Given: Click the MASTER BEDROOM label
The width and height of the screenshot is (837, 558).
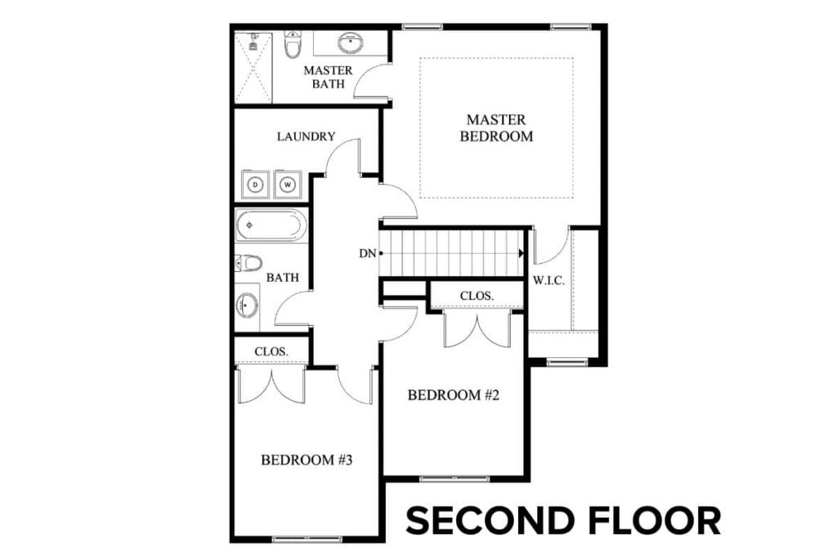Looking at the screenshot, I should [x=496, y=128].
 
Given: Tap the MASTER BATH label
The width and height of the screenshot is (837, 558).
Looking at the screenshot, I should [x=328, y=77].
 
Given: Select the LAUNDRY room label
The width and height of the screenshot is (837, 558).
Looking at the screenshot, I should [x=306, y=136].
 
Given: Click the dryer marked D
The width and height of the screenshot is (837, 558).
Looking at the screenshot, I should [x=255, y=185].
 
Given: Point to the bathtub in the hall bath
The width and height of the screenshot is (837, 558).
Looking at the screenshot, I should [x=271, y=225].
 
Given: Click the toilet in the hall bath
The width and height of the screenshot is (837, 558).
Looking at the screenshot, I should [x=248, y=262].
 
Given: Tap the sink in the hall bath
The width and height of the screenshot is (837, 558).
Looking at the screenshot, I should [x=248, y=306].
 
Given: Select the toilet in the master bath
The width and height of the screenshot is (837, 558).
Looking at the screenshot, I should [x=292, y=46].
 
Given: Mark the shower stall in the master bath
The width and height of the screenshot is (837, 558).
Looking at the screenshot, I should [x=252, y=67].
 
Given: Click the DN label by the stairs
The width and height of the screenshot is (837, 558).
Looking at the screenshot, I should [x=367, y=253].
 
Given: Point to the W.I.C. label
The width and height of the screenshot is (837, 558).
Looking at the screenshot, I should [x=548, y=280].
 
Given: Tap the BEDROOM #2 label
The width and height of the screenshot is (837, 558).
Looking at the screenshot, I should [x=453, y=395].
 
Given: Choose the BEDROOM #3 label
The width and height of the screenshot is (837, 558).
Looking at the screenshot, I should [x=306, y=460].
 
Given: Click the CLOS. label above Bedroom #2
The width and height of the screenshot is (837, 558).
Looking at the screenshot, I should [x=475, y=295].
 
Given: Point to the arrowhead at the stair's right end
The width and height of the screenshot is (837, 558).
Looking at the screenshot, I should [x=520, y=253].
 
